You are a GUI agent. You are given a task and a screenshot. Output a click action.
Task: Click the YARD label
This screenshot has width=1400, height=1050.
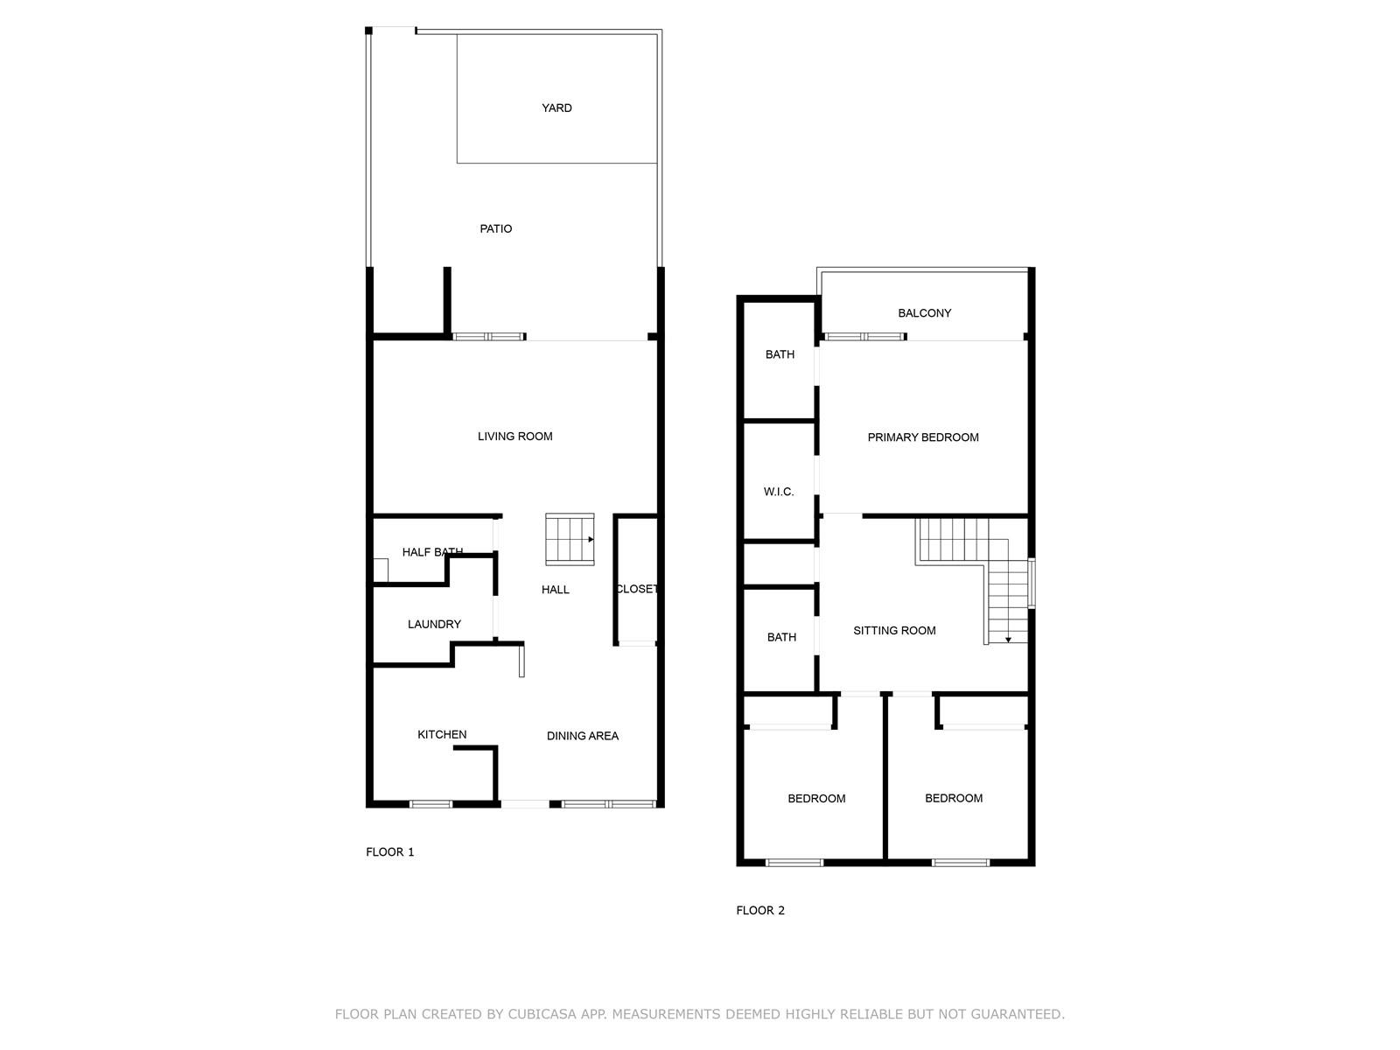tap(556, 108)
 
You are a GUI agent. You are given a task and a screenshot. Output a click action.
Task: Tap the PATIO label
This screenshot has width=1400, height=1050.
tap(495, 229)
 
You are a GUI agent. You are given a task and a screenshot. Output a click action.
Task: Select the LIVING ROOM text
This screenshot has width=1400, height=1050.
tap(514, 437)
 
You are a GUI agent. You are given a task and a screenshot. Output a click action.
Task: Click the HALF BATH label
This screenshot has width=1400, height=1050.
tap(432, 552)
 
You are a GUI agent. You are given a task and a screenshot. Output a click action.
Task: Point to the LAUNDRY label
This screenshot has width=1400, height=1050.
tap(434, 624)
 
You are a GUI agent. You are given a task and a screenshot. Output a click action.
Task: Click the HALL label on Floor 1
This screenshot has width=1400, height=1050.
tap(555, 590)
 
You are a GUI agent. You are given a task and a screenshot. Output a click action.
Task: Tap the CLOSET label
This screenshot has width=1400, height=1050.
tap(636, 589)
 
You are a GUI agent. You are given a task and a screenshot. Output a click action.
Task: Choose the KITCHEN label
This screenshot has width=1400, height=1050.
tap(441, 734)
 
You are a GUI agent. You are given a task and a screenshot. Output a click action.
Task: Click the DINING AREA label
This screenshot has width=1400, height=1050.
tap(583, 736)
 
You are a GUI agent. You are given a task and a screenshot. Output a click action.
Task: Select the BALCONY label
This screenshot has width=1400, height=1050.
tap(924, 313)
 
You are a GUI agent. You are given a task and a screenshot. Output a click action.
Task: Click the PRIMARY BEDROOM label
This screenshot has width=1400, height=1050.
tap(923, 437)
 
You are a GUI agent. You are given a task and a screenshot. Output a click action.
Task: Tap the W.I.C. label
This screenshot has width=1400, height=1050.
tap(778, 492)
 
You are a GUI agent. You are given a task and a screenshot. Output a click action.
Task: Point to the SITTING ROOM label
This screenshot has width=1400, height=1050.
tap(894, 631)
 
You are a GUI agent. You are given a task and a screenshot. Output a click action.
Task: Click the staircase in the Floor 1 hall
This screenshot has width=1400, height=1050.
tap(570, 539)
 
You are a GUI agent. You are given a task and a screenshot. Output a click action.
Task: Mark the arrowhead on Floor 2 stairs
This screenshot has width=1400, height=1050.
tap(1008, 640)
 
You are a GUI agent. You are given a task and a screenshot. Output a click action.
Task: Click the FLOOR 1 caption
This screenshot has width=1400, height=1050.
tap(389, 851)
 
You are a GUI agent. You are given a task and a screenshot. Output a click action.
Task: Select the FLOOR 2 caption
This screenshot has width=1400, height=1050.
tap(760, 910)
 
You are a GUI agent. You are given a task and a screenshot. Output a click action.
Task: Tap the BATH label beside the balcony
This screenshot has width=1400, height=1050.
tap(780, 354)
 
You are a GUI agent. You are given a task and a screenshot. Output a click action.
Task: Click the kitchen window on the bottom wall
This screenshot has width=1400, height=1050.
tap(430, 804)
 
